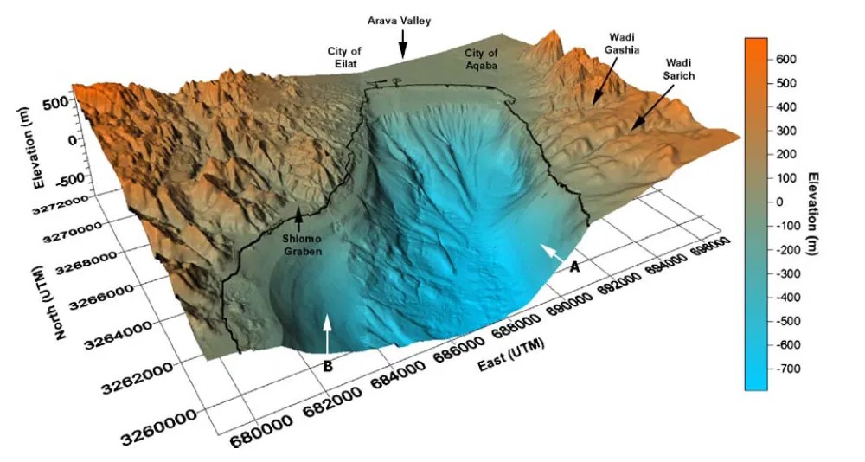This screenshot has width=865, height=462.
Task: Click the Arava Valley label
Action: (399, 18)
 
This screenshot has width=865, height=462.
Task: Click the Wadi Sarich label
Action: (680, 70)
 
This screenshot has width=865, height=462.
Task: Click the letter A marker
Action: (573, 268)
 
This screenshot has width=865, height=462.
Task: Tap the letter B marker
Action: (328, 366)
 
